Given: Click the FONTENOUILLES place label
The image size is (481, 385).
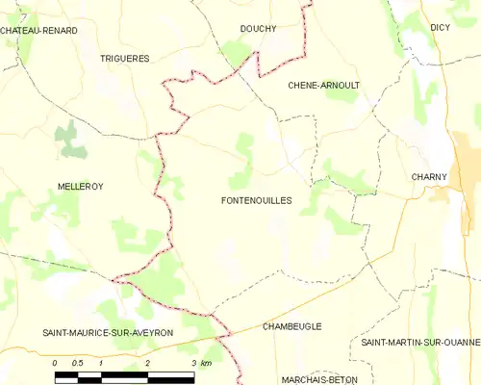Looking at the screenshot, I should [256, 200].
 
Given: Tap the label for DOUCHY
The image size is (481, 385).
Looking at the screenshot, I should [258, 29].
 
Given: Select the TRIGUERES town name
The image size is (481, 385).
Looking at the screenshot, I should [125, 59].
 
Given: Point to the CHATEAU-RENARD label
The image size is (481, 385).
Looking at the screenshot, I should [38, 31].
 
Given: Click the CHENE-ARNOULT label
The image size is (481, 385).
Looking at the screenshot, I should [324, 86].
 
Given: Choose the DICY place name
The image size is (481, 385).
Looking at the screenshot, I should [441, 28].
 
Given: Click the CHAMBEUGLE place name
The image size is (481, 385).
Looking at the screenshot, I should [291, 326].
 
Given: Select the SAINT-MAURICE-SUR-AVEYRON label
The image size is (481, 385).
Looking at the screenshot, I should [107, 332].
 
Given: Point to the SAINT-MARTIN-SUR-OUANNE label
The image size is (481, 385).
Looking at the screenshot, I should [420, 343].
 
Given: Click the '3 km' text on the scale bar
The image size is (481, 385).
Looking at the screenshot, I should [201, 362].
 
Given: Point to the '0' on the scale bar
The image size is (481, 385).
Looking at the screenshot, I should [56, 362].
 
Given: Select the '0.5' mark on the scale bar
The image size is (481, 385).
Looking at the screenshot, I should [78, 362].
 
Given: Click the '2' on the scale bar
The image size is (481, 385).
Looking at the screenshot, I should [147, 362].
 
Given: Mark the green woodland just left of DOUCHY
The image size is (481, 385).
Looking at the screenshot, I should [234, 53].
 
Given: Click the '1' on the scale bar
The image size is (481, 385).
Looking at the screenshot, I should [101, 362].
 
